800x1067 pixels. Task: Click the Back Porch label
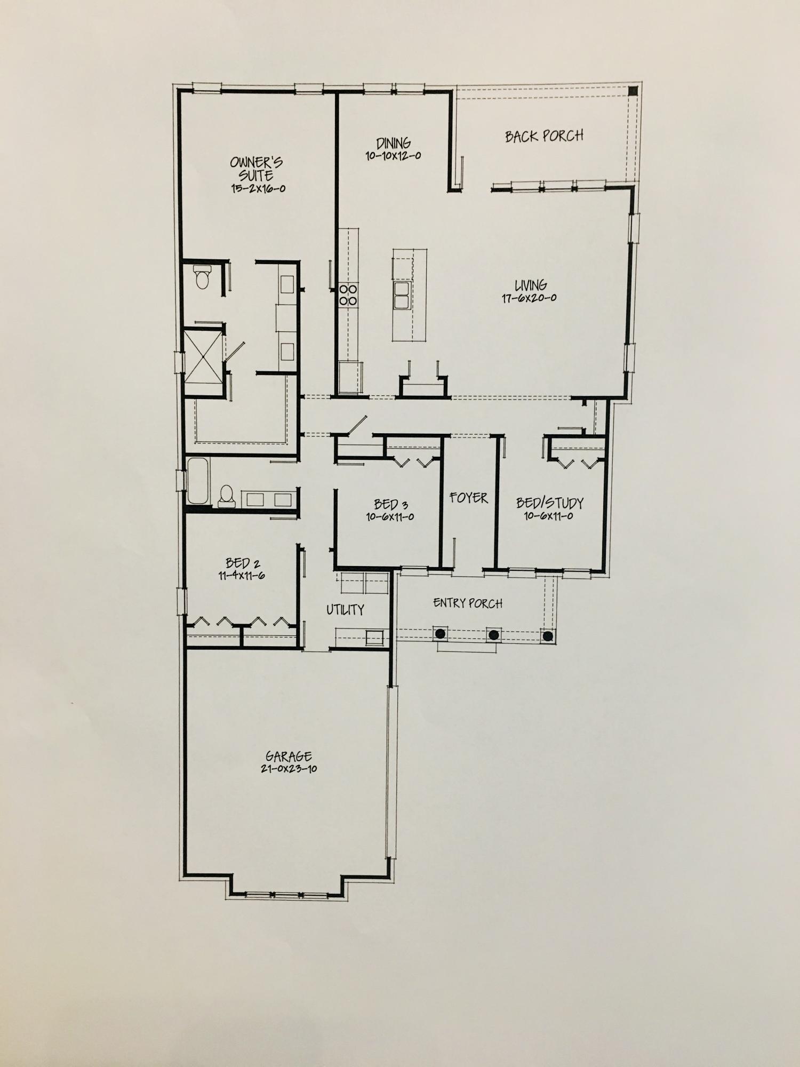pyautogui.click(x=544, y=136)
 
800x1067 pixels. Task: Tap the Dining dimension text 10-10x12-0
pyautogui.click(x=394, y=156)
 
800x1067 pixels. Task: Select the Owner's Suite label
pyautogui.click(x=257, y=169)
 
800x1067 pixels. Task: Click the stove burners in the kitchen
pyautogui.click(x=348, y=295)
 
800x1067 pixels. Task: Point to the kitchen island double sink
pyautogui.click(x=402, y=296)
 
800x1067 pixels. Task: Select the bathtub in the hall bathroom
pyautogui.click(x=198, y=480)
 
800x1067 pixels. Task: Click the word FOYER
pyautogui.click(x=468, y=498)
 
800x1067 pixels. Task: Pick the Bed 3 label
pyautogui.click(x=390, y=504)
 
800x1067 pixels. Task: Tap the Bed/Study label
pyautogui.click(x=549, y=503)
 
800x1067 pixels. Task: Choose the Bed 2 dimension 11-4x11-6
pyautogui.click(x=242, y=576)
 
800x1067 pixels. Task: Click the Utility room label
pyautogui.click(x=346, y=610)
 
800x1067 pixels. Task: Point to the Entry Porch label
pyautogui.click(x=468, y=603)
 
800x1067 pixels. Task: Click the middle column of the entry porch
pyautogui.click(x=494, y=635)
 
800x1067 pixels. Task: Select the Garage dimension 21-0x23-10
pyautogui.click(x=289, y=769)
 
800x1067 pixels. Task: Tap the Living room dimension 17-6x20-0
pyautogui.click(x=529, y=298)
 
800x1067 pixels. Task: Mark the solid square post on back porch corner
pyautogui.click(x=633, y=91)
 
